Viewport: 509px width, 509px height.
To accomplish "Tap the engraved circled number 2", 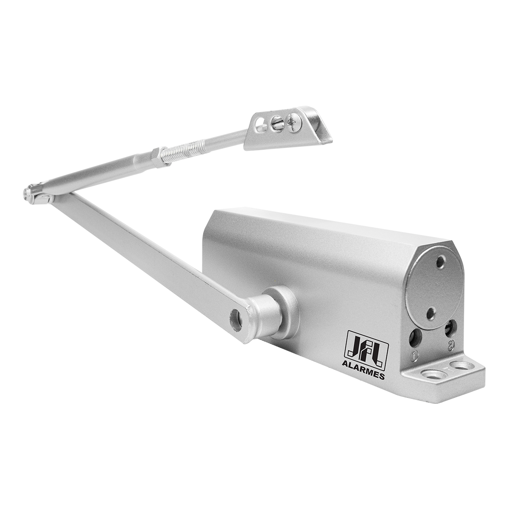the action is pyautogui.click(x=451, y=344).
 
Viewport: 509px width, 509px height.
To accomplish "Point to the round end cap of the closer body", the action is pyautogui.click(x=434, y=289).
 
